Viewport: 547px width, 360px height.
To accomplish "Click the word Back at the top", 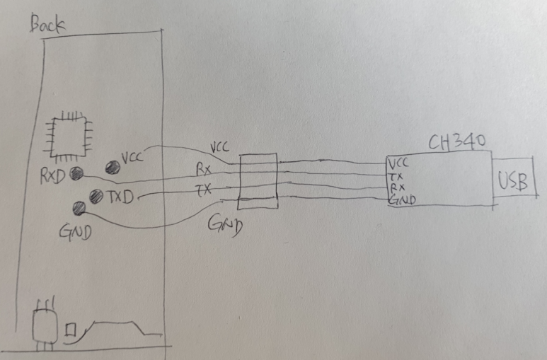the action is [48, 25].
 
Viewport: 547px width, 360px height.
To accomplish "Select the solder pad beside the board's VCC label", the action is [112, 168].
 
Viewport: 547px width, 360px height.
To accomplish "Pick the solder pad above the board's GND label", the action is [80, 207].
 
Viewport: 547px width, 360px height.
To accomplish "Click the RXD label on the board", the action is [52, 175].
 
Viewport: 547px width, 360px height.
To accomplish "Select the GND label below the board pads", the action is [76, 231].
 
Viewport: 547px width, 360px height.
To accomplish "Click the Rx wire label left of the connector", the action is [203, 170].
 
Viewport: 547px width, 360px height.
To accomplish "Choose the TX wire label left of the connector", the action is [202, 190].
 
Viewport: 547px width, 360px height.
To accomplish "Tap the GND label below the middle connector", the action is [226, 226].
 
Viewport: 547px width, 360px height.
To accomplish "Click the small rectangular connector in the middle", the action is [257, 182].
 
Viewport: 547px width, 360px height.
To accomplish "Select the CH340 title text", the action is [456, 143].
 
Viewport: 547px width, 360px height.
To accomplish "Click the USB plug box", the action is [513, 181].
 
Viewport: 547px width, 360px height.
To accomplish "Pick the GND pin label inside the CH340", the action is [401, 201].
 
